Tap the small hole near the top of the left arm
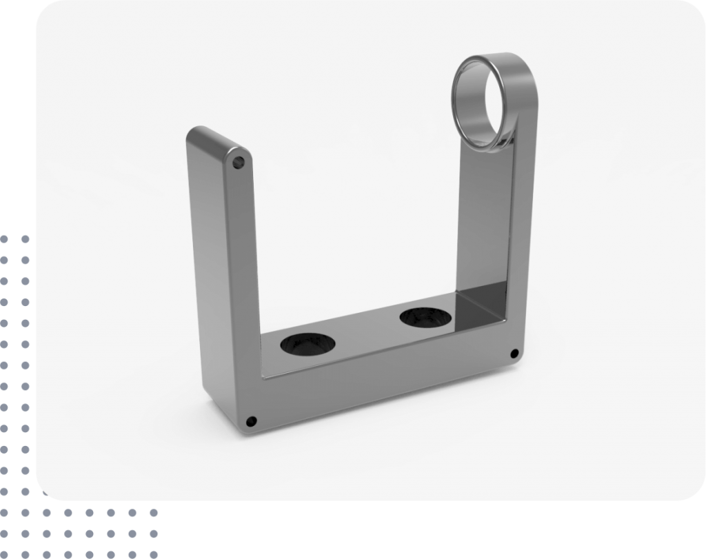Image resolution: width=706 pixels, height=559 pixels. click(x=239, y=164)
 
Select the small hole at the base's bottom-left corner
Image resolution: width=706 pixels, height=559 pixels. click(x=251, y=420)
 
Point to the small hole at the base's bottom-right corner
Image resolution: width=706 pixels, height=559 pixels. click(x=514, y=354)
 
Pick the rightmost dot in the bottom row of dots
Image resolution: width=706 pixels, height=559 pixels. click(x=154, y=534)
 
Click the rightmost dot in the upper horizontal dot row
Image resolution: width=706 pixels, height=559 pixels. click(x=154, y=513)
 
